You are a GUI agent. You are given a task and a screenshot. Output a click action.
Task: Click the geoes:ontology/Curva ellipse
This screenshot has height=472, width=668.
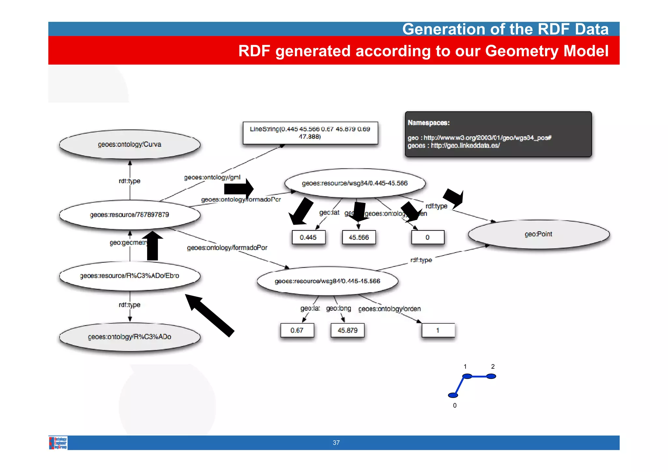[x=129, y=144]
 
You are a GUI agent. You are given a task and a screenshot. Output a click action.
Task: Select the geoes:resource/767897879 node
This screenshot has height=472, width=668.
[x=129, y=214]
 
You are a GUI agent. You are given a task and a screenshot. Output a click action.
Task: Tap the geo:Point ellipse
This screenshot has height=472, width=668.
[x=538, y=234]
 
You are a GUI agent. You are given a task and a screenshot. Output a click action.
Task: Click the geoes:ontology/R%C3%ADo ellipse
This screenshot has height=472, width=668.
[x=129, y=337]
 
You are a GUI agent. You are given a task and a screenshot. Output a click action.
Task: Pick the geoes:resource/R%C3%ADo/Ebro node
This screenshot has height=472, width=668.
[x=129, y=276]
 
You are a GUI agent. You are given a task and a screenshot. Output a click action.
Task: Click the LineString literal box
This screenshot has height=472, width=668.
[x=310, y=133]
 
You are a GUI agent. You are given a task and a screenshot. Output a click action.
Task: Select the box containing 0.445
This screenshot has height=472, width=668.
[x=308, y=237]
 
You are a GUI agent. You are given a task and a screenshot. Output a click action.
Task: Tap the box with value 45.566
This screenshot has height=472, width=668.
[x=359, y=237]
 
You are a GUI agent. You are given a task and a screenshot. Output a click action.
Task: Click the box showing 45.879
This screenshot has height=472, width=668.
[x=347, y=330]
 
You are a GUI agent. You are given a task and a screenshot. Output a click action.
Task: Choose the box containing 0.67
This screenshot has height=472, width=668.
[x=297, y=330]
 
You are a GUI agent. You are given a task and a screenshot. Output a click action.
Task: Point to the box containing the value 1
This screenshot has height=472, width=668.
[x=438, y=330]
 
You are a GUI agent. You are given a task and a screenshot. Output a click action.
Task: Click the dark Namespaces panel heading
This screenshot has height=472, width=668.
[x=429, y=123]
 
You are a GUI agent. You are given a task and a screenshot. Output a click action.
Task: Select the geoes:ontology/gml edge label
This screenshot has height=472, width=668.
[x=212, y=177]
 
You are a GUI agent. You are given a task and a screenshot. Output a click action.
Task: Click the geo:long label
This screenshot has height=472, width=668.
[x=339, y=308]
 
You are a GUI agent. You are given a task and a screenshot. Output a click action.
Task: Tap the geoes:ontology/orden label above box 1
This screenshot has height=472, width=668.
[x=389, y=309]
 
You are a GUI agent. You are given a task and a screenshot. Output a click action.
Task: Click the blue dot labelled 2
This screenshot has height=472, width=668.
[x=491, y=376]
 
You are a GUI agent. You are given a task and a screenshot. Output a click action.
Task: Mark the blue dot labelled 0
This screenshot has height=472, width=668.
[x=453, y=395]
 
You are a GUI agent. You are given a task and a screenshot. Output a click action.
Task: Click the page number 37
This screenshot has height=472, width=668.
[x=336, y=443]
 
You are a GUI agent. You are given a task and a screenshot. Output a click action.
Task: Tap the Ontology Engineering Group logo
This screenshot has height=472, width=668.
[x=58, y=443]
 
